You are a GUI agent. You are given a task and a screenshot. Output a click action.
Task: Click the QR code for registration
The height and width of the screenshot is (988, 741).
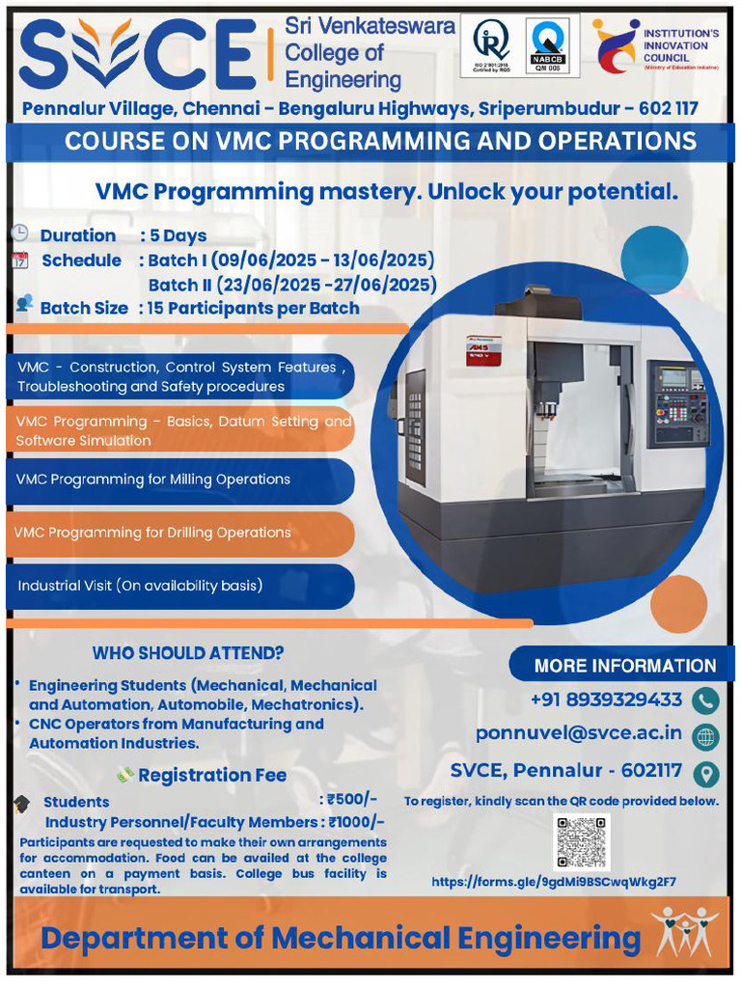pos(582,840)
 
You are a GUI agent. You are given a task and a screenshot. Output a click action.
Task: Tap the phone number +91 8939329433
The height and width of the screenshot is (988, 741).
pos(606,700)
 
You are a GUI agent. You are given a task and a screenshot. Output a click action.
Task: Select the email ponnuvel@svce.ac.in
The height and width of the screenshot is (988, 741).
pos(579,734)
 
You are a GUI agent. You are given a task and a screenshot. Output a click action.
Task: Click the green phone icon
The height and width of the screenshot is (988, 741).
pos(706,700)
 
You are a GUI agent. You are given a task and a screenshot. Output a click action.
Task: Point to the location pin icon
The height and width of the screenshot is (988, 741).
pos(706,772)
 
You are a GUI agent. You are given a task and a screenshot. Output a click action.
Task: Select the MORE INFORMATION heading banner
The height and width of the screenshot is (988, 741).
pos(624,665)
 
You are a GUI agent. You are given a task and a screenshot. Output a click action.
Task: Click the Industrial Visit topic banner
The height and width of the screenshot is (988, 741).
pos(179,586)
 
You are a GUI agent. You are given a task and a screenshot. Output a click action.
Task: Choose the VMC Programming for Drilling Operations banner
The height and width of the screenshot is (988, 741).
pos(179,533)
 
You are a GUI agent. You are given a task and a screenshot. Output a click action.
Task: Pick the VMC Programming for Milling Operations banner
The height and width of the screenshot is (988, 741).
pos(179,480)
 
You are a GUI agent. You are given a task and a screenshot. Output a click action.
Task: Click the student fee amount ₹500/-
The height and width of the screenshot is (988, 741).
pos(352,800)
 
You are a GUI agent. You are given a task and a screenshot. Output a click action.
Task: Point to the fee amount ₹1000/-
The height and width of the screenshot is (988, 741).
pos(356,822)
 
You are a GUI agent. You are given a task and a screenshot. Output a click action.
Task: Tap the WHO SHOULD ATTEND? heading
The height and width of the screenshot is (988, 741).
pos(188,653)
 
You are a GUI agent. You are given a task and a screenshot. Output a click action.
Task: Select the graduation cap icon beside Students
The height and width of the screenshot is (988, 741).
pos(21,803)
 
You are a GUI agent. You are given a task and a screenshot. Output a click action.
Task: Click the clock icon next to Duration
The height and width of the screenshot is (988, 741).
pos(19,233)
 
